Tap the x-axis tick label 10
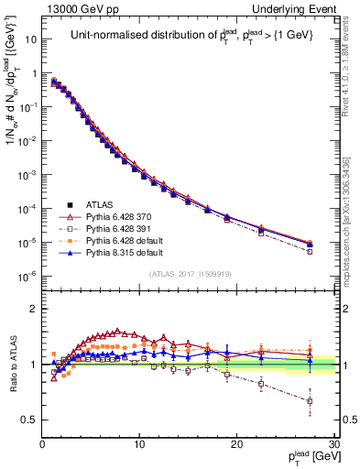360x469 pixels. [x=139, y=444]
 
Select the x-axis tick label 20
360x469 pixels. [x=236, y=444]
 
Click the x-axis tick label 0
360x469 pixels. [x=42, y=444]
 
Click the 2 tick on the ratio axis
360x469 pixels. [x=34, y=309]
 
